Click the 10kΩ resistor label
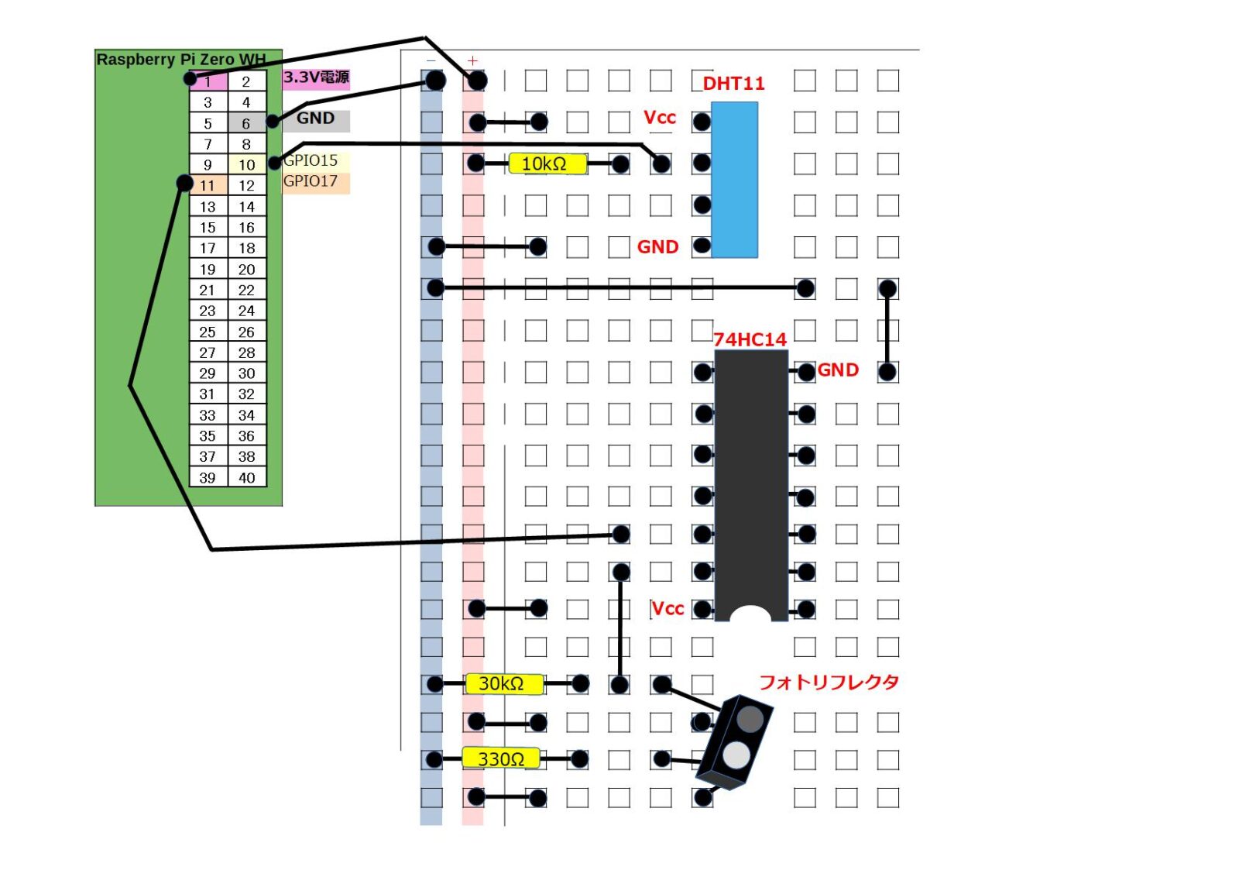tap(547, 163)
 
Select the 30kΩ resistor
tap(503, 683)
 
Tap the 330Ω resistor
tap(501, 758)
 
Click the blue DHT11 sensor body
tap(734, 180)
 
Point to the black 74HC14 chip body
tap(750, 480)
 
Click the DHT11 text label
tap(733, 84)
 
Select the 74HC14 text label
tap(750, 339)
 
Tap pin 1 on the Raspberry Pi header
tap(208, 81)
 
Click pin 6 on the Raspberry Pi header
tap(246, 123)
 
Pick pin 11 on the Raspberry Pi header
tap(208, 186)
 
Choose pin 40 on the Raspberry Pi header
tap(246, 478)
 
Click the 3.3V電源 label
tap(316, 77)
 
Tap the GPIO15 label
tap(311, 160)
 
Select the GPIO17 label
tap(311, 181)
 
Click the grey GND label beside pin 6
tap(316, 119)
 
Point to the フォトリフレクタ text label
tap(829, 683)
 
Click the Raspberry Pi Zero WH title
tap(180, 60)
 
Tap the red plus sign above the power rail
tap(473, 60)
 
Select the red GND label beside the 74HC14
tap(838, 370)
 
